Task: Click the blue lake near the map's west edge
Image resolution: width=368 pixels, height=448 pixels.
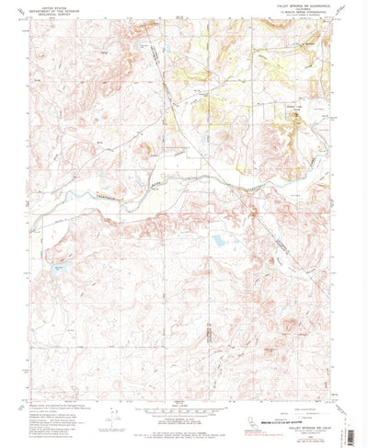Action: (60, 269)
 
